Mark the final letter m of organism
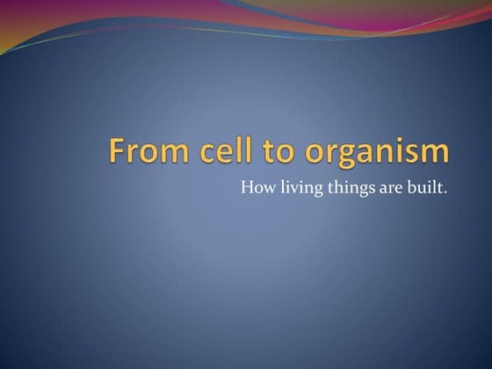[x=436, y=153]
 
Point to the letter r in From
[x=131, y=153]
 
